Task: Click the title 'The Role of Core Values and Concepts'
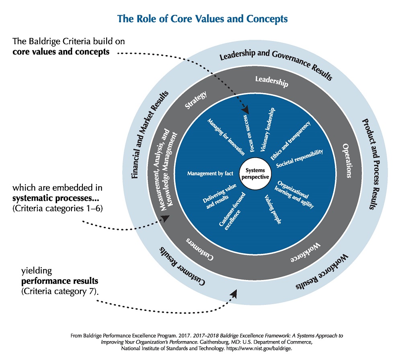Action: click(x=202, y=19)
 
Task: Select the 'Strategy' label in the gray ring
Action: click(x=196, y=101)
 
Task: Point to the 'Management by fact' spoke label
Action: click(x=210, y=174)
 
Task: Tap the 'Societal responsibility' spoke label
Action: click(x=299, y=158)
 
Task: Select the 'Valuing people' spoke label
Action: click(x=273, y=209)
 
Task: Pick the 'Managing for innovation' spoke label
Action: click(x=226, y=137)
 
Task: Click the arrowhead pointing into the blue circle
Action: click(x=246, y=109)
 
